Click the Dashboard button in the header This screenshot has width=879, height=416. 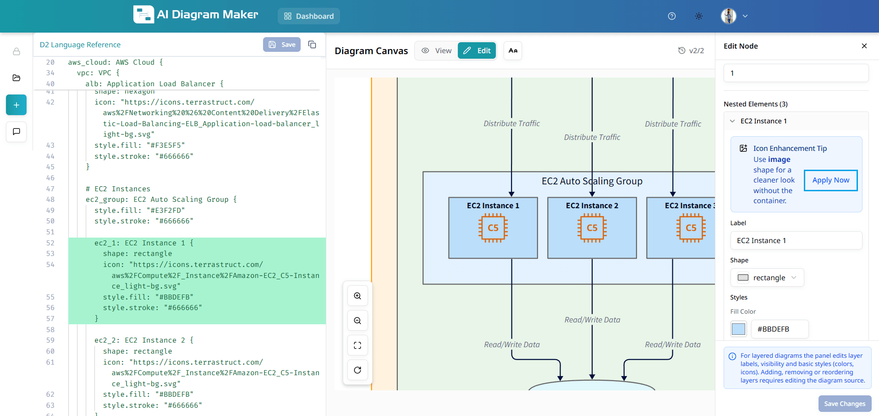point(309,16)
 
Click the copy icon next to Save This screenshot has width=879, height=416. point(312,44)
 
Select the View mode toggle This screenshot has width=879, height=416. point(436,50)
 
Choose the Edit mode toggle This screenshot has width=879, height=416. point(477,50)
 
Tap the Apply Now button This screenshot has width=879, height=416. point(830,180)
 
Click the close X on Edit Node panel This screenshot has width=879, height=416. point(864,46)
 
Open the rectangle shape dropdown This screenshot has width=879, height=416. point(767,277)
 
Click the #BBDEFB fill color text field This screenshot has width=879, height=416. point(779,329)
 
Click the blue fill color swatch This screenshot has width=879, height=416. point(738,329)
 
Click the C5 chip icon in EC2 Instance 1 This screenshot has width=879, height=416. point(493,228)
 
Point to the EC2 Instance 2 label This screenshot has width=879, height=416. point(592,205)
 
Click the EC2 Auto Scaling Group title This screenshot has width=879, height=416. point(592,181)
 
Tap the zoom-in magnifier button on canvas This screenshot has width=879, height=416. point(357,296)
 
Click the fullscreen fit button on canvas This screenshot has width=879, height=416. point(357,345)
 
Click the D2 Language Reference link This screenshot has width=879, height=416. point(80,44)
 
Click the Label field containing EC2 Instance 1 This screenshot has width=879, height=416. point(796,240)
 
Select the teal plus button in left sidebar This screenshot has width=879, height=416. point(16,105)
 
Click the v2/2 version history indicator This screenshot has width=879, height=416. point(691,50)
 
